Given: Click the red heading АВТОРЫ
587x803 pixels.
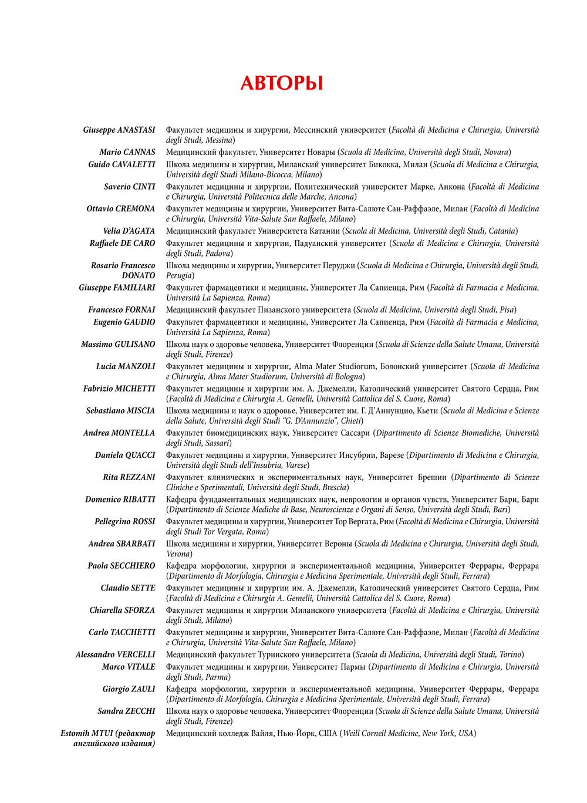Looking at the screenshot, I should click(x=282, y=83).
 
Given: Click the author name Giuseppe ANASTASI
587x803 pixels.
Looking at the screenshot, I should click(x=119, y=130).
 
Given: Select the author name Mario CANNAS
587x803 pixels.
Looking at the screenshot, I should click(x=127, y=152).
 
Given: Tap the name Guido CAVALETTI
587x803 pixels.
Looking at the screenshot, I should click(x=122, y=164).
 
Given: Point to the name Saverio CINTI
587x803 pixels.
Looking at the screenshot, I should click(x=130, y=187).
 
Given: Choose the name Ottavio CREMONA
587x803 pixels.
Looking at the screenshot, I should click(x=121, y=209).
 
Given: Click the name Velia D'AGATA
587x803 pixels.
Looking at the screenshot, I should click(x=129, y=231).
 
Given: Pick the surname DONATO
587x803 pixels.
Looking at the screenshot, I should click(x=139, y=275).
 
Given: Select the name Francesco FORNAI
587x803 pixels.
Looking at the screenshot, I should click(x=122, y=310).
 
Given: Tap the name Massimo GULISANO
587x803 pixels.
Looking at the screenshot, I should click(x=118, y=345).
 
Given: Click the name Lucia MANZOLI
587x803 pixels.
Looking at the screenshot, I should click(x=126, y=366).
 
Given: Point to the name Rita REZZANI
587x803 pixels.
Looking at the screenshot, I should click(x=129, y=477).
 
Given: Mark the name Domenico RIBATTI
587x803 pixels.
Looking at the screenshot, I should click(x=120, y=500).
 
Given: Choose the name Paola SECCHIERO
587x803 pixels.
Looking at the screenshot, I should click(x=122, y=566).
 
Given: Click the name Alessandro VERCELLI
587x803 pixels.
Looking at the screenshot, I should click(x=116, y=654).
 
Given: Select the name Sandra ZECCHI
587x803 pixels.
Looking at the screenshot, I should click(x=126, y=711).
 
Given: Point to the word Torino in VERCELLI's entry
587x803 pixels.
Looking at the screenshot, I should click(x=510, y=654).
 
